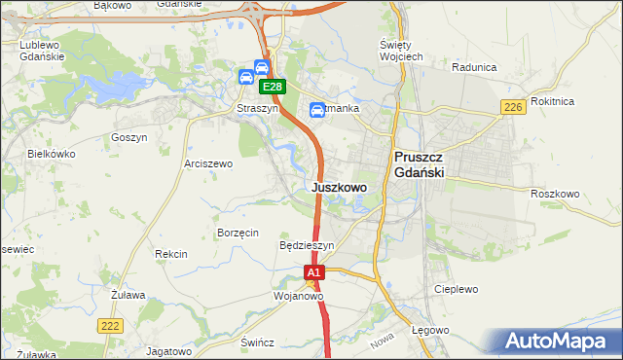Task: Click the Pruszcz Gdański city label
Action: click(x=419, y=163)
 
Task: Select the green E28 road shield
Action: click(x=273, y=87)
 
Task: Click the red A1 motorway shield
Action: click(x=314, y=274)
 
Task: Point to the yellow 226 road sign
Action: click(x=515, y=107)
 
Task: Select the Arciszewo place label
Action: click(x=208, y=164)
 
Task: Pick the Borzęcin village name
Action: click(x=238, y=233)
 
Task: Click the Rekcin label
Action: click(x=170, y=254)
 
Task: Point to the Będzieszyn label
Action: click(x=307, y=246)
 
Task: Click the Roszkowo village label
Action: click(x=555, y=194)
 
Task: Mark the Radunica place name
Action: click(x=474, y=67)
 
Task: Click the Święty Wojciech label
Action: click(x=400, y=51)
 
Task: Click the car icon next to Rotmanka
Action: click(x=317, y=110)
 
